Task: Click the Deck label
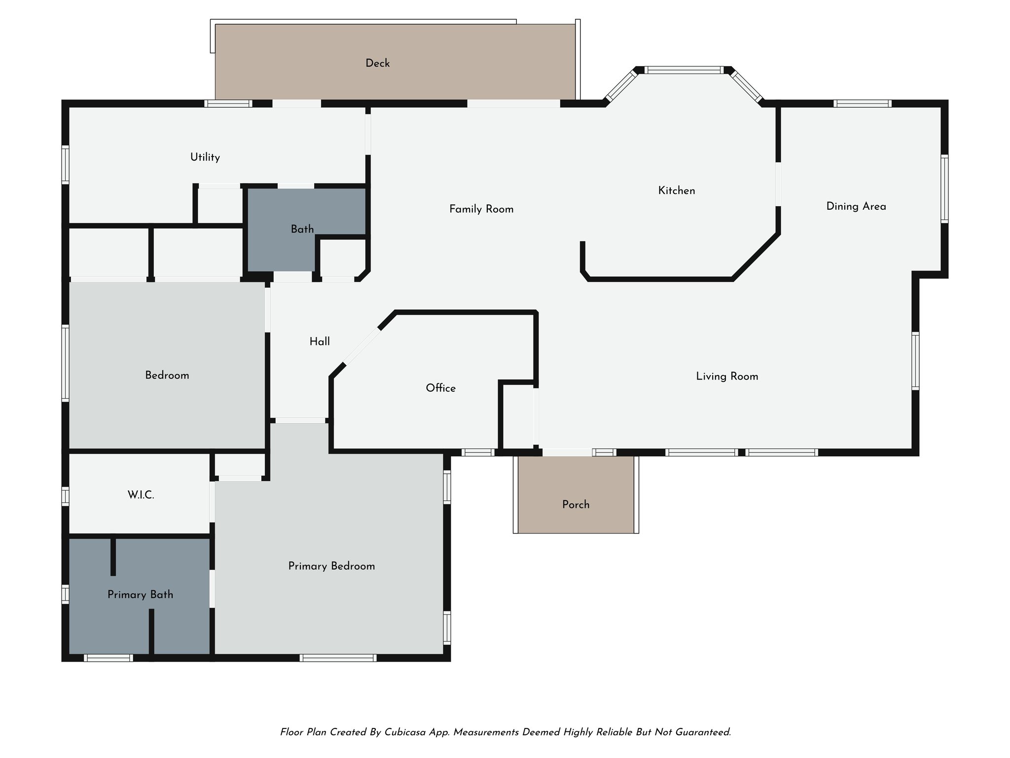(377, 63)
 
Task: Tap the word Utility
(205, 157)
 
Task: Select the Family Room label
(481, 209)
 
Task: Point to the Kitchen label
(677, 190)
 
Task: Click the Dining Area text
(856, 206)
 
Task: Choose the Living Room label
(727, 377)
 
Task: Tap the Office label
(440, 388)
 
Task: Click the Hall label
(320, 341)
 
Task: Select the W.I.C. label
(141, 495)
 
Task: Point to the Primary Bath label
(141, 595)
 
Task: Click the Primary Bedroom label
(331, 566)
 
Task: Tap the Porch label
(576, 504)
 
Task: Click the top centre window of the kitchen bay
(684, 70)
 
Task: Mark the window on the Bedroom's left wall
(65, 362)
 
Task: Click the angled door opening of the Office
(361, 346)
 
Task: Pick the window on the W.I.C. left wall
(65, 496)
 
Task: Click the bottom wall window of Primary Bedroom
(338, 658)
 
